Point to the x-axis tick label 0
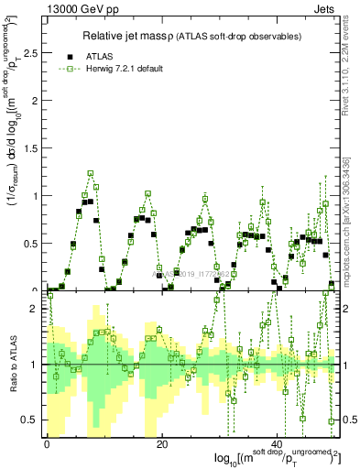[x=46, y=443]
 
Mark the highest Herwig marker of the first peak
[x=91, y=172]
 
